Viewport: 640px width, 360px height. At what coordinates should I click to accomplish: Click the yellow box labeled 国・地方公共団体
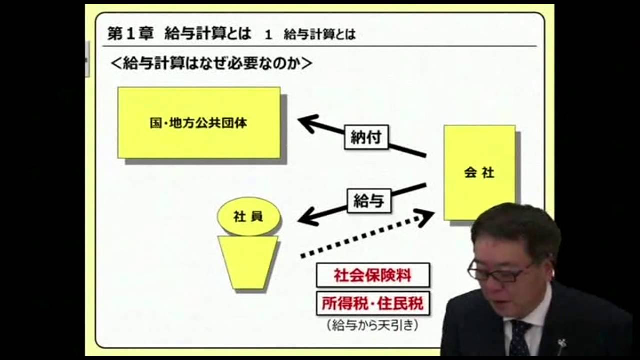[x=199, y=123]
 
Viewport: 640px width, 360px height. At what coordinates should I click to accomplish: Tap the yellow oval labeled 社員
[x=249, y=217]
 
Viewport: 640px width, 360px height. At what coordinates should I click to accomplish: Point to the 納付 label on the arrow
[x=366, y=137]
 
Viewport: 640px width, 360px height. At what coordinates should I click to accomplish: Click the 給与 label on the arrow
[x=369, y=201]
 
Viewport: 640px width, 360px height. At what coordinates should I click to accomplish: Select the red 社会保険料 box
[x=373, y=275]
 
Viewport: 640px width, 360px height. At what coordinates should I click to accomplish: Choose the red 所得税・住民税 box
[x=373, y=303]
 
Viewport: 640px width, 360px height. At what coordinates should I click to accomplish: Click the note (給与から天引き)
[x=372, y=325]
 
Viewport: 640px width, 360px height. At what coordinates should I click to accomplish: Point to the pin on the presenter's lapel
[x=561, y=344]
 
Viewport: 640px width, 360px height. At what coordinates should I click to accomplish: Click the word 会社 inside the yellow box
[x=479, y=173]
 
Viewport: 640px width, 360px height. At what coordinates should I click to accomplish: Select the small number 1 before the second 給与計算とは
[x=269, y=34]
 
